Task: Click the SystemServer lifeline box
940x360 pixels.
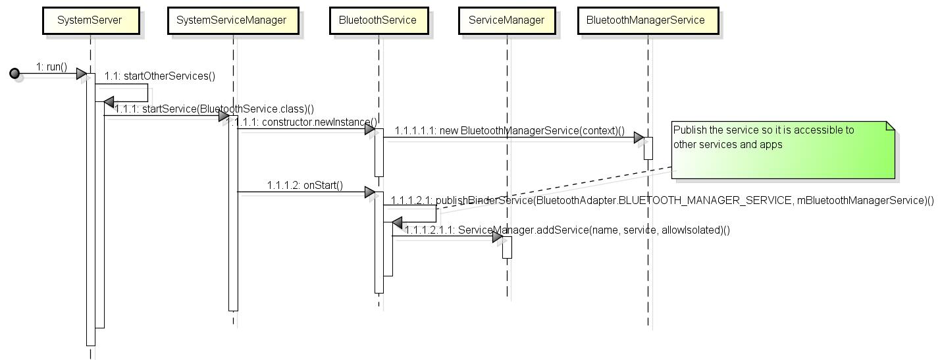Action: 90,20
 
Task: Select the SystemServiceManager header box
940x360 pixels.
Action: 231,20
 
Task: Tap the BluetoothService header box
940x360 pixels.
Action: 378,20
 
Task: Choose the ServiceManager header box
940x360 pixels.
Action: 506,20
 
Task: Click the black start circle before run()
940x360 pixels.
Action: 14,74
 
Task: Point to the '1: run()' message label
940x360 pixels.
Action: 51,66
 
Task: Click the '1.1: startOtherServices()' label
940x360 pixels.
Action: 160,76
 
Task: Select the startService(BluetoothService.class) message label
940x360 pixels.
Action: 214,109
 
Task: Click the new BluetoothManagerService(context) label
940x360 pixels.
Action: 509,130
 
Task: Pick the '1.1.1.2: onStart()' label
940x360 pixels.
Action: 305,185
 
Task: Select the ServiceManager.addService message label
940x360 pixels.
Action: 567,230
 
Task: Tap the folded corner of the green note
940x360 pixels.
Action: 890,126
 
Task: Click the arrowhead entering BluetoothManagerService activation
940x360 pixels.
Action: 639,138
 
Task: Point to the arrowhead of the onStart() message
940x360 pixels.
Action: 369,192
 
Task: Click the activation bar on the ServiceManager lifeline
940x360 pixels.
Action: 507,247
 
